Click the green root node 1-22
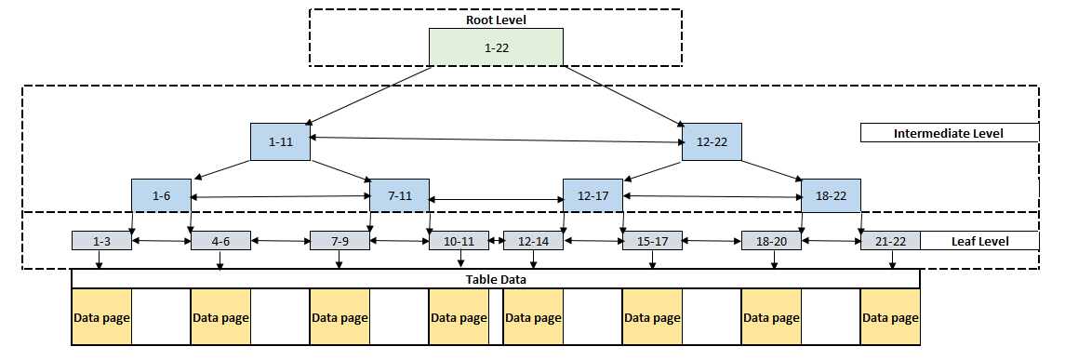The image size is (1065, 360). point(495,47)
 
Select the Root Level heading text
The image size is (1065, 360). point(495,19)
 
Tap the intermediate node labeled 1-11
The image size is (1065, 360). point(280,142)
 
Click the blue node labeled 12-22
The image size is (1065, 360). point(712,142)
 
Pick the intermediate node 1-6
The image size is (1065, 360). point(161,196)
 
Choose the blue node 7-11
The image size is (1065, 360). point(399,196)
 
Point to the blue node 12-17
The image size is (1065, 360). point(592,196)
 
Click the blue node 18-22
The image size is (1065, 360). point(831,196)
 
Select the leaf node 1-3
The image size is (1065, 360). point(101,241)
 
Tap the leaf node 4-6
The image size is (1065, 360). point(220,241)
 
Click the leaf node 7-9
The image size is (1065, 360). point(339,241)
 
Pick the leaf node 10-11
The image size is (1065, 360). point(459,241)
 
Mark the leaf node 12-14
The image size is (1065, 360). point(533,241)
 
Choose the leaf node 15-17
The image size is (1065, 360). point(652,241)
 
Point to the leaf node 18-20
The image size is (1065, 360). point(771,241)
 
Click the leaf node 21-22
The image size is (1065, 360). point(890,241)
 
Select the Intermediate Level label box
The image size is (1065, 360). point(948,133)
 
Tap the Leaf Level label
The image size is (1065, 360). point(979,241)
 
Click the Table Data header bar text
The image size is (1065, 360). point(495,279)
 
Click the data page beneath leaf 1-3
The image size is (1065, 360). point(101,317)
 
